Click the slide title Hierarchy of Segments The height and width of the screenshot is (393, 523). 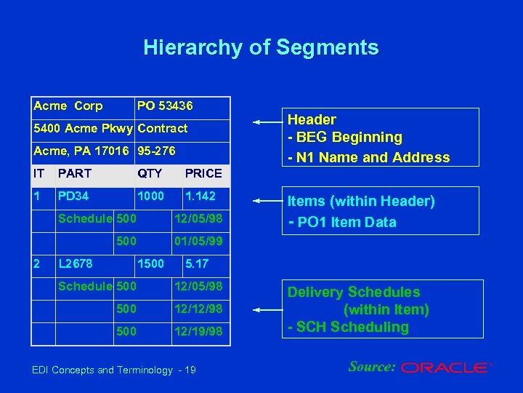[x=261, y=48]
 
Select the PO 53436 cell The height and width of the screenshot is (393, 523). [x=166, y=106]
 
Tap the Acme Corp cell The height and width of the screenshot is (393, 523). [x=68, y=106]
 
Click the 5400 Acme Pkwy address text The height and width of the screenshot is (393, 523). [x=83, y=129]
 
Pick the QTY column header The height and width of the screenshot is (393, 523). [x=150, y=173]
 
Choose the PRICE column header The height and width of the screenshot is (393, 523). [x=203, y=173]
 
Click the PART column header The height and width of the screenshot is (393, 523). [x=75, y=173]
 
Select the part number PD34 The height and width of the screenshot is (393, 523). [x=73, y=196]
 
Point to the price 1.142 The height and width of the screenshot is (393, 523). [x=200, y=196]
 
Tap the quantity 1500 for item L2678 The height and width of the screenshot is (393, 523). [x=150, y=263]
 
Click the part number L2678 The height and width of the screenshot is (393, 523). [x=75, y=263]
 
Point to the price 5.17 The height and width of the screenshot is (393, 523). [x=198, y=263]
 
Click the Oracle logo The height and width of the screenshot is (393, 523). [x=447, y=368]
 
